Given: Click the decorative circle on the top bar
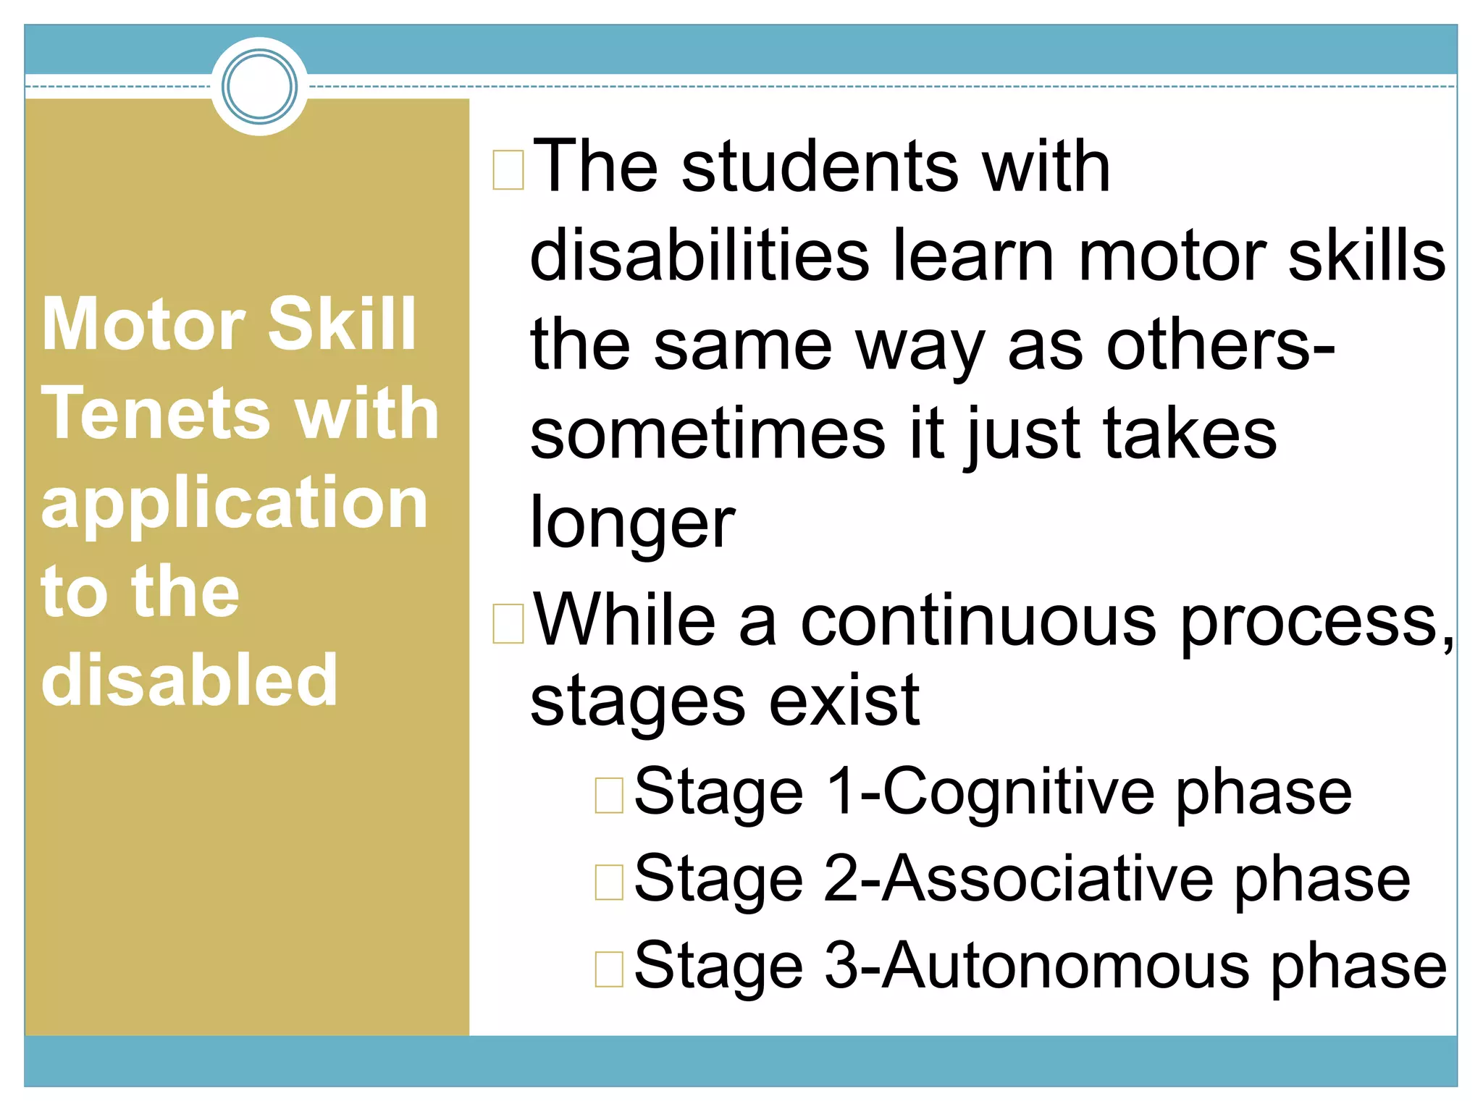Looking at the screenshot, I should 259,86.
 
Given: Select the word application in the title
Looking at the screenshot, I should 235,505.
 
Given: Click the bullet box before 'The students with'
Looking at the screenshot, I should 508,169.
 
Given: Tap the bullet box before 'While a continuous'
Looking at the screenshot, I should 508,623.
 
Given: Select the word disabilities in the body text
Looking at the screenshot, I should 699,256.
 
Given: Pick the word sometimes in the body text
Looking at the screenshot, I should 707,434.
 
